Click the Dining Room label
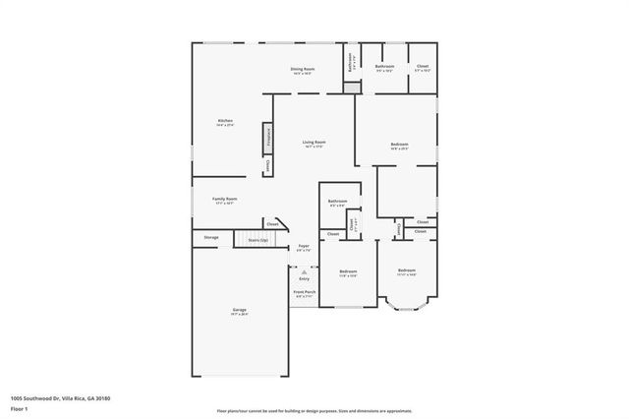point(301,70)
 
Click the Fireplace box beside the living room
point(265,139)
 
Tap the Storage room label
point(211,237)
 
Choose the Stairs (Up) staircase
point(257,239)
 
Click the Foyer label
point(304,247)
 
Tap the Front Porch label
point(305,293)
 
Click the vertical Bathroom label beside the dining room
point(352,62)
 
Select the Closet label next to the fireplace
point(267,165)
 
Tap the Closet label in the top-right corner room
point(422,68)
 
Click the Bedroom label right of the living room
point(398,146)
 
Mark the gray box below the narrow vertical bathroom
point(352,88)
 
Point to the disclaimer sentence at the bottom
point(314,411)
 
